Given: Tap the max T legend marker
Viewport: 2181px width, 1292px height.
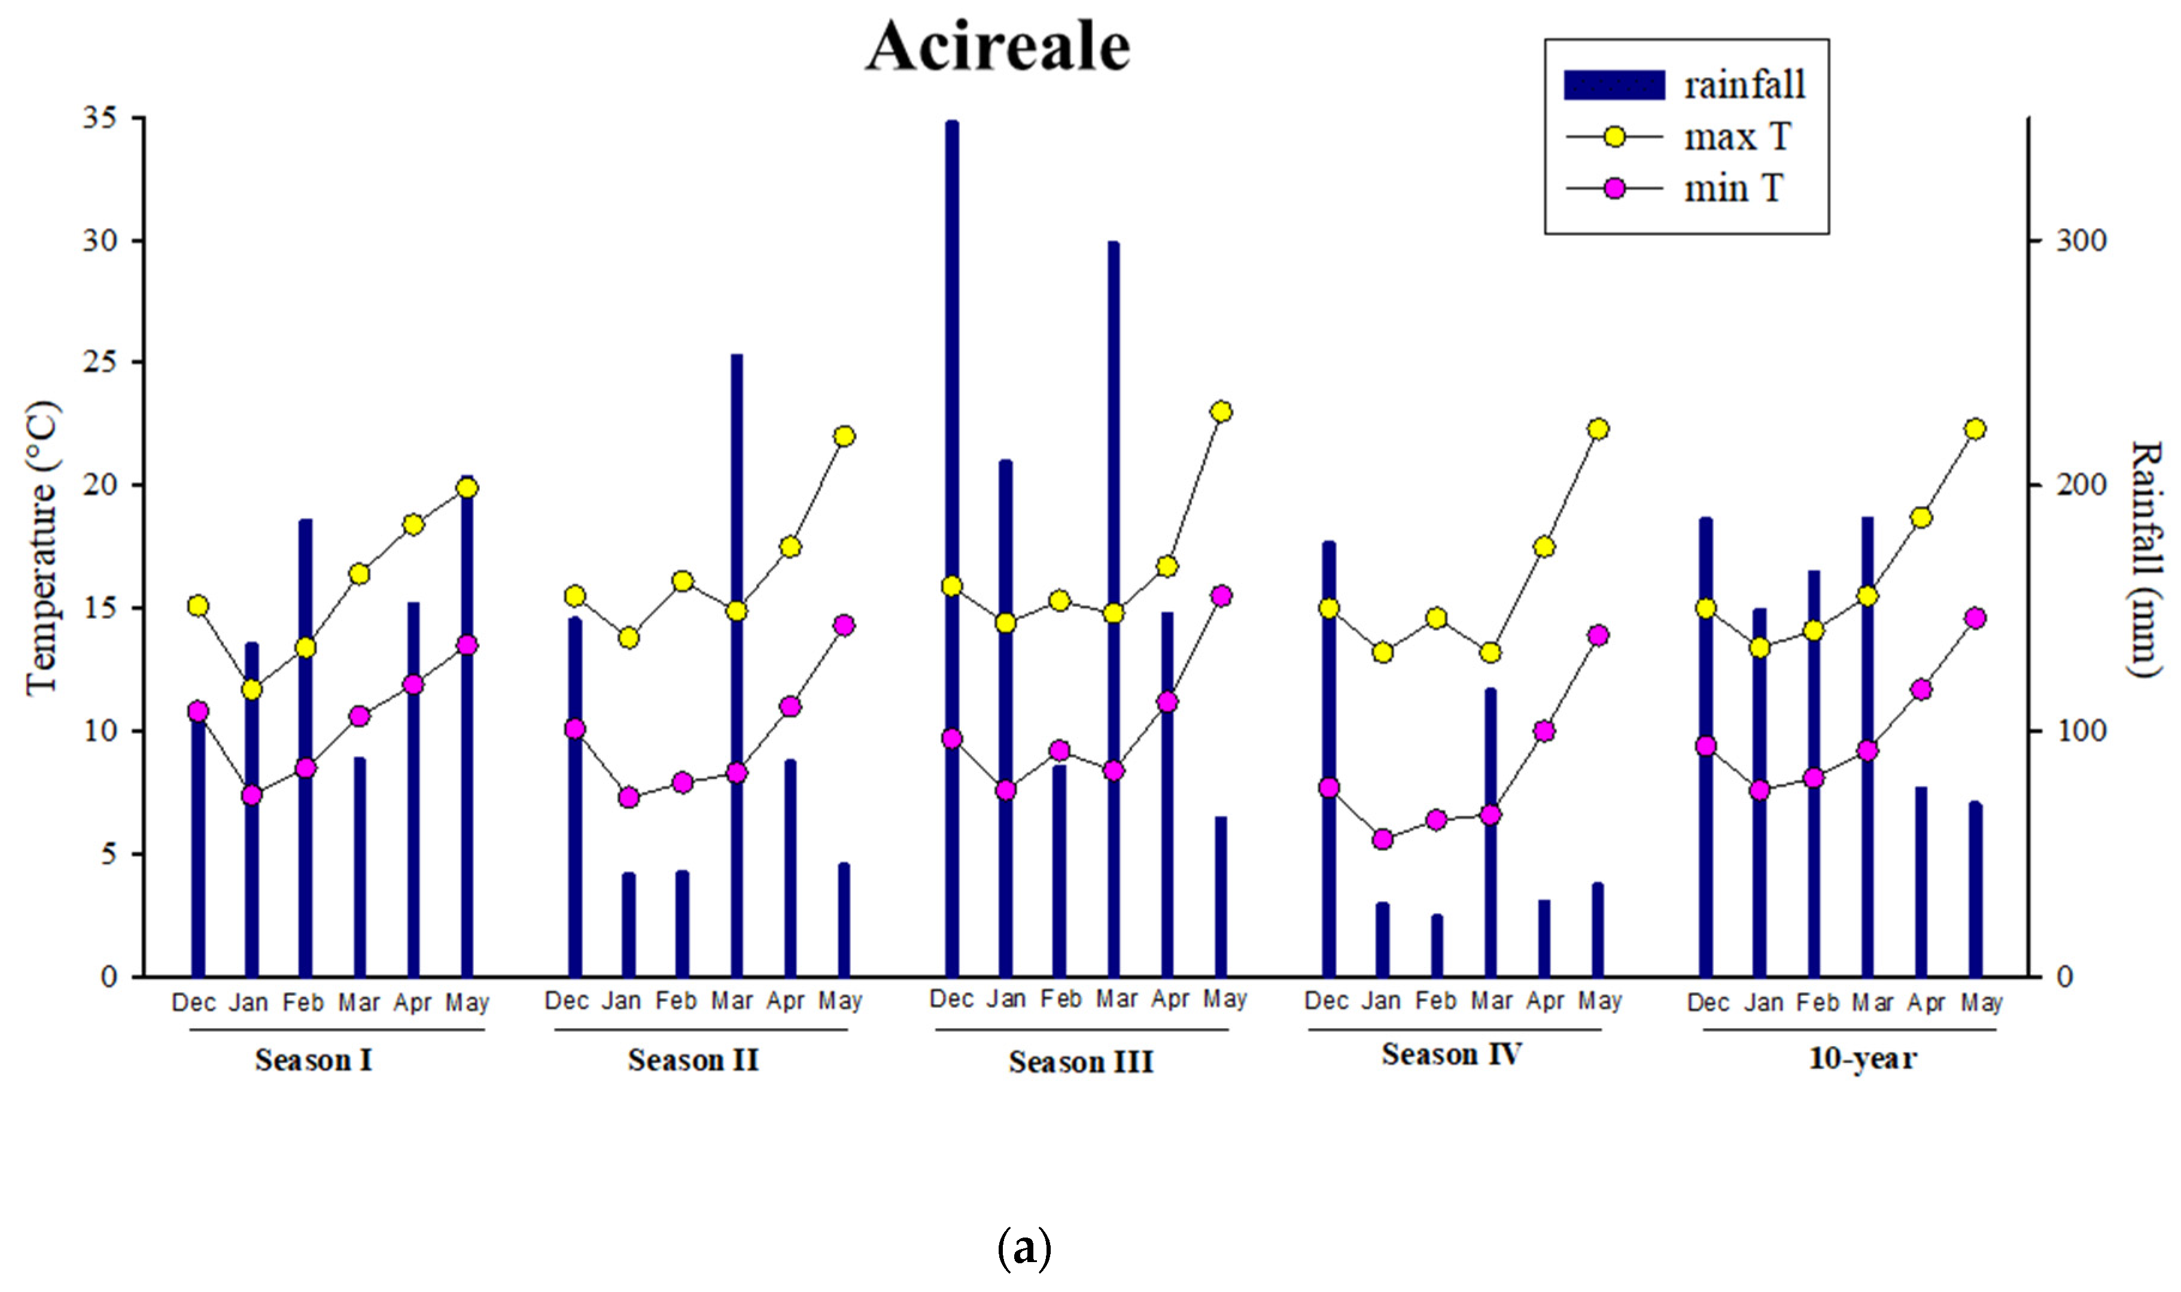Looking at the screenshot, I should tap(1614, 136).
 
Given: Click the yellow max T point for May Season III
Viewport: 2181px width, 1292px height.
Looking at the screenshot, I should tap(1221, 412).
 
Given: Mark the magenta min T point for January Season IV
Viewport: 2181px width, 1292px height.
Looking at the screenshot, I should tap(1383, 839).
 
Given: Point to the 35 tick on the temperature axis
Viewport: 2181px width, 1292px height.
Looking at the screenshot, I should tap(100, 117).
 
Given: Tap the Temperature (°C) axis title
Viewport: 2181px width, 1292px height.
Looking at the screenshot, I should tap(42, 549).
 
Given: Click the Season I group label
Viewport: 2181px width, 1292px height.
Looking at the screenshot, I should tap(314, 1060).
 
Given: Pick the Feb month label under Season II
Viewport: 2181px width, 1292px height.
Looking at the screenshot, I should tap(676, 1001).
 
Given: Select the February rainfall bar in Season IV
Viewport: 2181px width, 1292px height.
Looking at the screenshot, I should tap(1437, 947).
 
